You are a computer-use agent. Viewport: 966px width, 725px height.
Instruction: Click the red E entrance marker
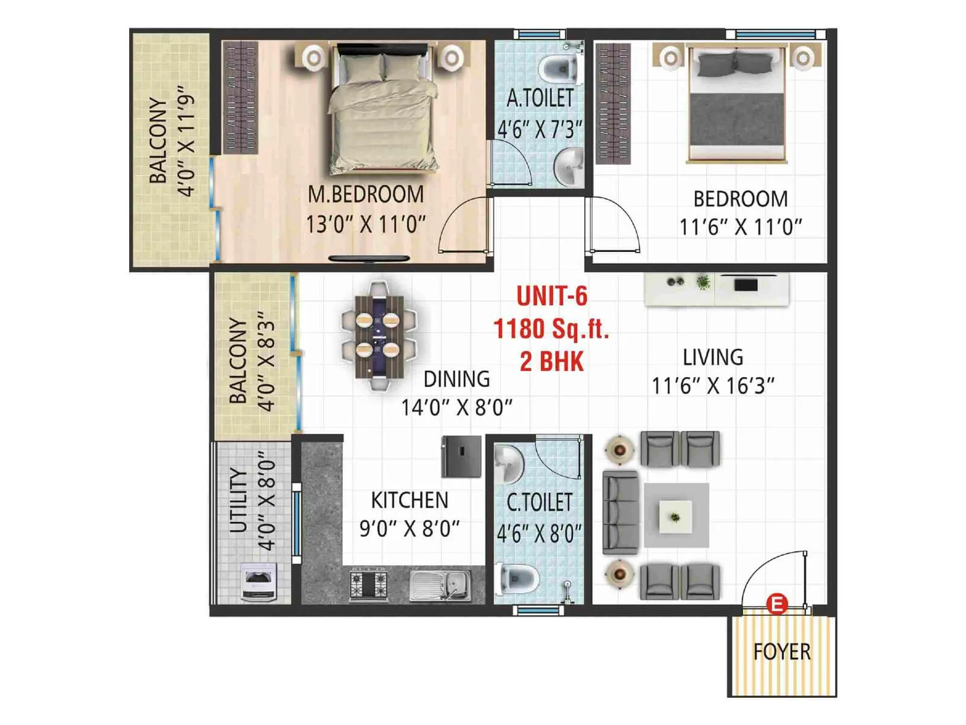tap(776, 603)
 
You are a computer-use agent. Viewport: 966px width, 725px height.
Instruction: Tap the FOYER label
tap(782, 652)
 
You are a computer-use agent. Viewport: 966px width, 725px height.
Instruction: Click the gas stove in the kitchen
tap(368, 584)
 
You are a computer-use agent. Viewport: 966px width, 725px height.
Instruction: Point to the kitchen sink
tap(440, 584)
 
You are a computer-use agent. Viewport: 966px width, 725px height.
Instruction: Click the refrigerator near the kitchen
tap(461, 456)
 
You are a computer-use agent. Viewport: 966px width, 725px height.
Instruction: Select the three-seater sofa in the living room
tap(620, 513)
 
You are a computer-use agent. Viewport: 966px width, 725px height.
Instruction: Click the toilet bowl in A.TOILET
tap(558, 68)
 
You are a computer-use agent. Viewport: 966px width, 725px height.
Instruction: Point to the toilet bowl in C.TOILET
tap(517, 578)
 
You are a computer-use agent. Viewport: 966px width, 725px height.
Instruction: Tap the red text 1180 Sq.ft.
tap(551, 329)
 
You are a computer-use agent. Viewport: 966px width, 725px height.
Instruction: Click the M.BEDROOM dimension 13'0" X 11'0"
tap(366, 225)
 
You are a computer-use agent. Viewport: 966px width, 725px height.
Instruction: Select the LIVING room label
tap(713, 357)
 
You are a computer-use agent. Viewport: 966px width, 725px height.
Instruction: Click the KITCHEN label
tap(409, 500)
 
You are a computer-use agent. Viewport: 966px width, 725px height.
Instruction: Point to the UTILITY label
tap(239, 500)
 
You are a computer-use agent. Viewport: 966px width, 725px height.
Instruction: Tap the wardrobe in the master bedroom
tap(240, 97)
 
